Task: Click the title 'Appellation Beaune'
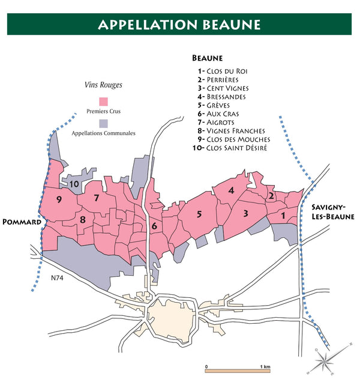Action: point(179,25)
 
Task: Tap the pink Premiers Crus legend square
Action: point(103,101)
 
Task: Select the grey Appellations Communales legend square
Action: point(103,123)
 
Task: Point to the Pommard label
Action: point(21,222)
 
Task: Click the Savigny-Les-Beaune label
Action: point(332,211)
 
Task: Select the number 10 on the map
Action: point(74,184)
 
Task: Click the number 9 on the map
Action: point(59,199)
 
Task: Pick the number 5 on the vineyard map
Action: point(199,214)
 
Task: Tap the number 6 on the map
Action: point(154,226)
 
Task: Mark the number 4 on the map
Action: point(231,190)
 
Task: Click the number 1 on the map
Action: point(283,214)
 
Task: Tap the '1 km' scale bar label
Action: point(264,366)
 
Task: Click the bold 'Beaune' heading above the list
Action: point(207,58)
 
